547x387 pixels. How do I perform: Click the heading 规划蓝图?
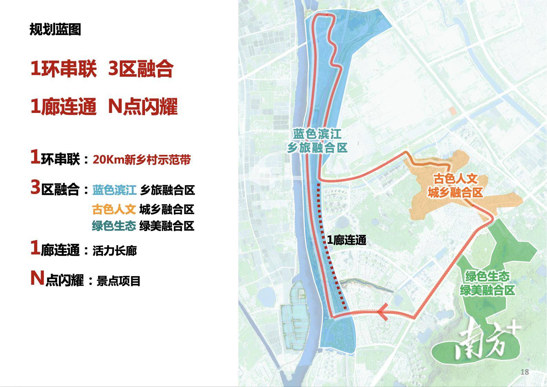55,30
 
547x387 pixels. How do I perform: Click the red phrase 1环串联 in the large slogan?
63,69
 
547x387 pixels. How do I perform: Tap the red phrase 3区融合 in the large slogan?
141,69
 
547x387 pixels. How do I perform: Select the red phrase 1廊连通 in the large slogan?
63,106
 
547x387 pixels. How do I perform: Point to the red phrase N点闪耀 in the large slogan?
143,106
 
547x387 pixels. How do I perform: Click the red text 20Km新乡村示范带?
142,160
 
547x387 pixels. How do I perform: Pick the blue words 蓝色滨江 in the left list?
114,190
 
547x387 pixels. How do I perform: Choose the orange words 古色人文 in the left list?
114,209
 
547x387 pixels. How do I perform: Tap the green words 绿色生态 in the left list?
114,226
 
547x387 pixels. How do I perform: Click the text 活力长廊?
115,251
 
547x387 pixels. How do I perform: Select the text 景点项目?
118,281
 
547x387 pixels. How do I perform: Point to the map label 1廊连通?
346,240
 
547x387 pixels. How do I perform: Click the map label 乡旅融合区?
317,148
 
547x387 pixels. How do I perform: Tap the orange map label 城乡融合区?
455,192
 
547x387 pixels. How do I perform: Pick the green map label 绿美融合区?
487,290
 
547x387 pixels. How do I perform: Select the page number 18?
525,372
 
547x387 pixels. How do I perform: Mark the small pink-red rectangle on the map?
453,111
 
